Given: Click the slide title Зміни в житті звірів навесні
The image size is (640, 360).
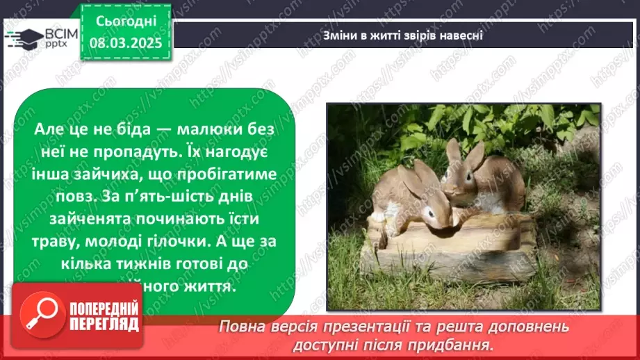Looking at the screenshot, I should click(x=403, y=35).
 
